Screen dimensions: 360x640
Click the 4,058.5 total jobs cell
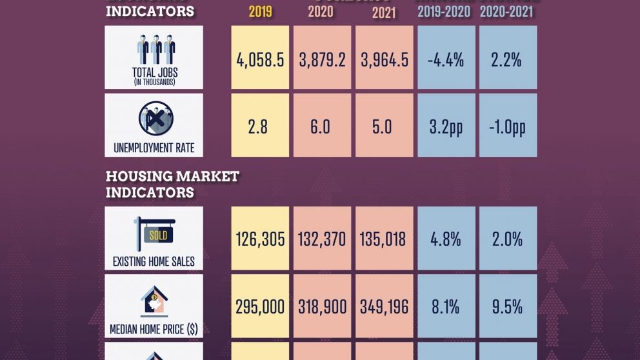point(260,60)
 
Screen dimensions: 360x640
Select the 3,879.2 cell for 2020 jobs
point(322,60)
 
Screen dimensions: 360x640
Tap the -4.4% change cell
point(445,60)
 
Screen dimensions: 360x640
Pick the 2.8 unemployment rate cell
point(260,126)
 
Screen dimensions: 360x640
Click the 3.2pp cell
point(445,126)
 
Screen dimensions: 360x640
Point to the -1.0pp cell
point(507,126)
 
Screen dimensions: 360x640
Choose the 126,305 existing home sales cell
point(260,239)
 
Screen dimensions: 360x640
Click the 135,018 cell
point(383,239)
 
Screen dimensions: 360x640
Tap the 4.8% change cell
point(445,239)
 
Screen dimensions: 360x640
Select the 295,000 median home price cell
point(260,306)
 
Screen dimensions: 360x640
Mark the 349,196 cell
point(383,306)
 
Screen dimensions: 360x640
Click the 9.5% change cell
point(507,306)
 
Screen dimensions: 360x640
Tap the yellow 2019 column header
point(260,12)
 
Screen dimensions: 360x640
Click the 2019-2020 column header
point(445,12)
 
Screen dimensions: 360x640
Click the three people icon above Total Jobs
point(155,50)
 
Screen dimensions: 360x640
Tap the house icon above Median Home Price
point(154,301)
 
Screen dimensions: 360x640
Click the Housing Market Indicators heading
point(172,184)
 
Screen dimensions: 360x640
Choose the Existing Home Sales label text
point(154,262)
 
